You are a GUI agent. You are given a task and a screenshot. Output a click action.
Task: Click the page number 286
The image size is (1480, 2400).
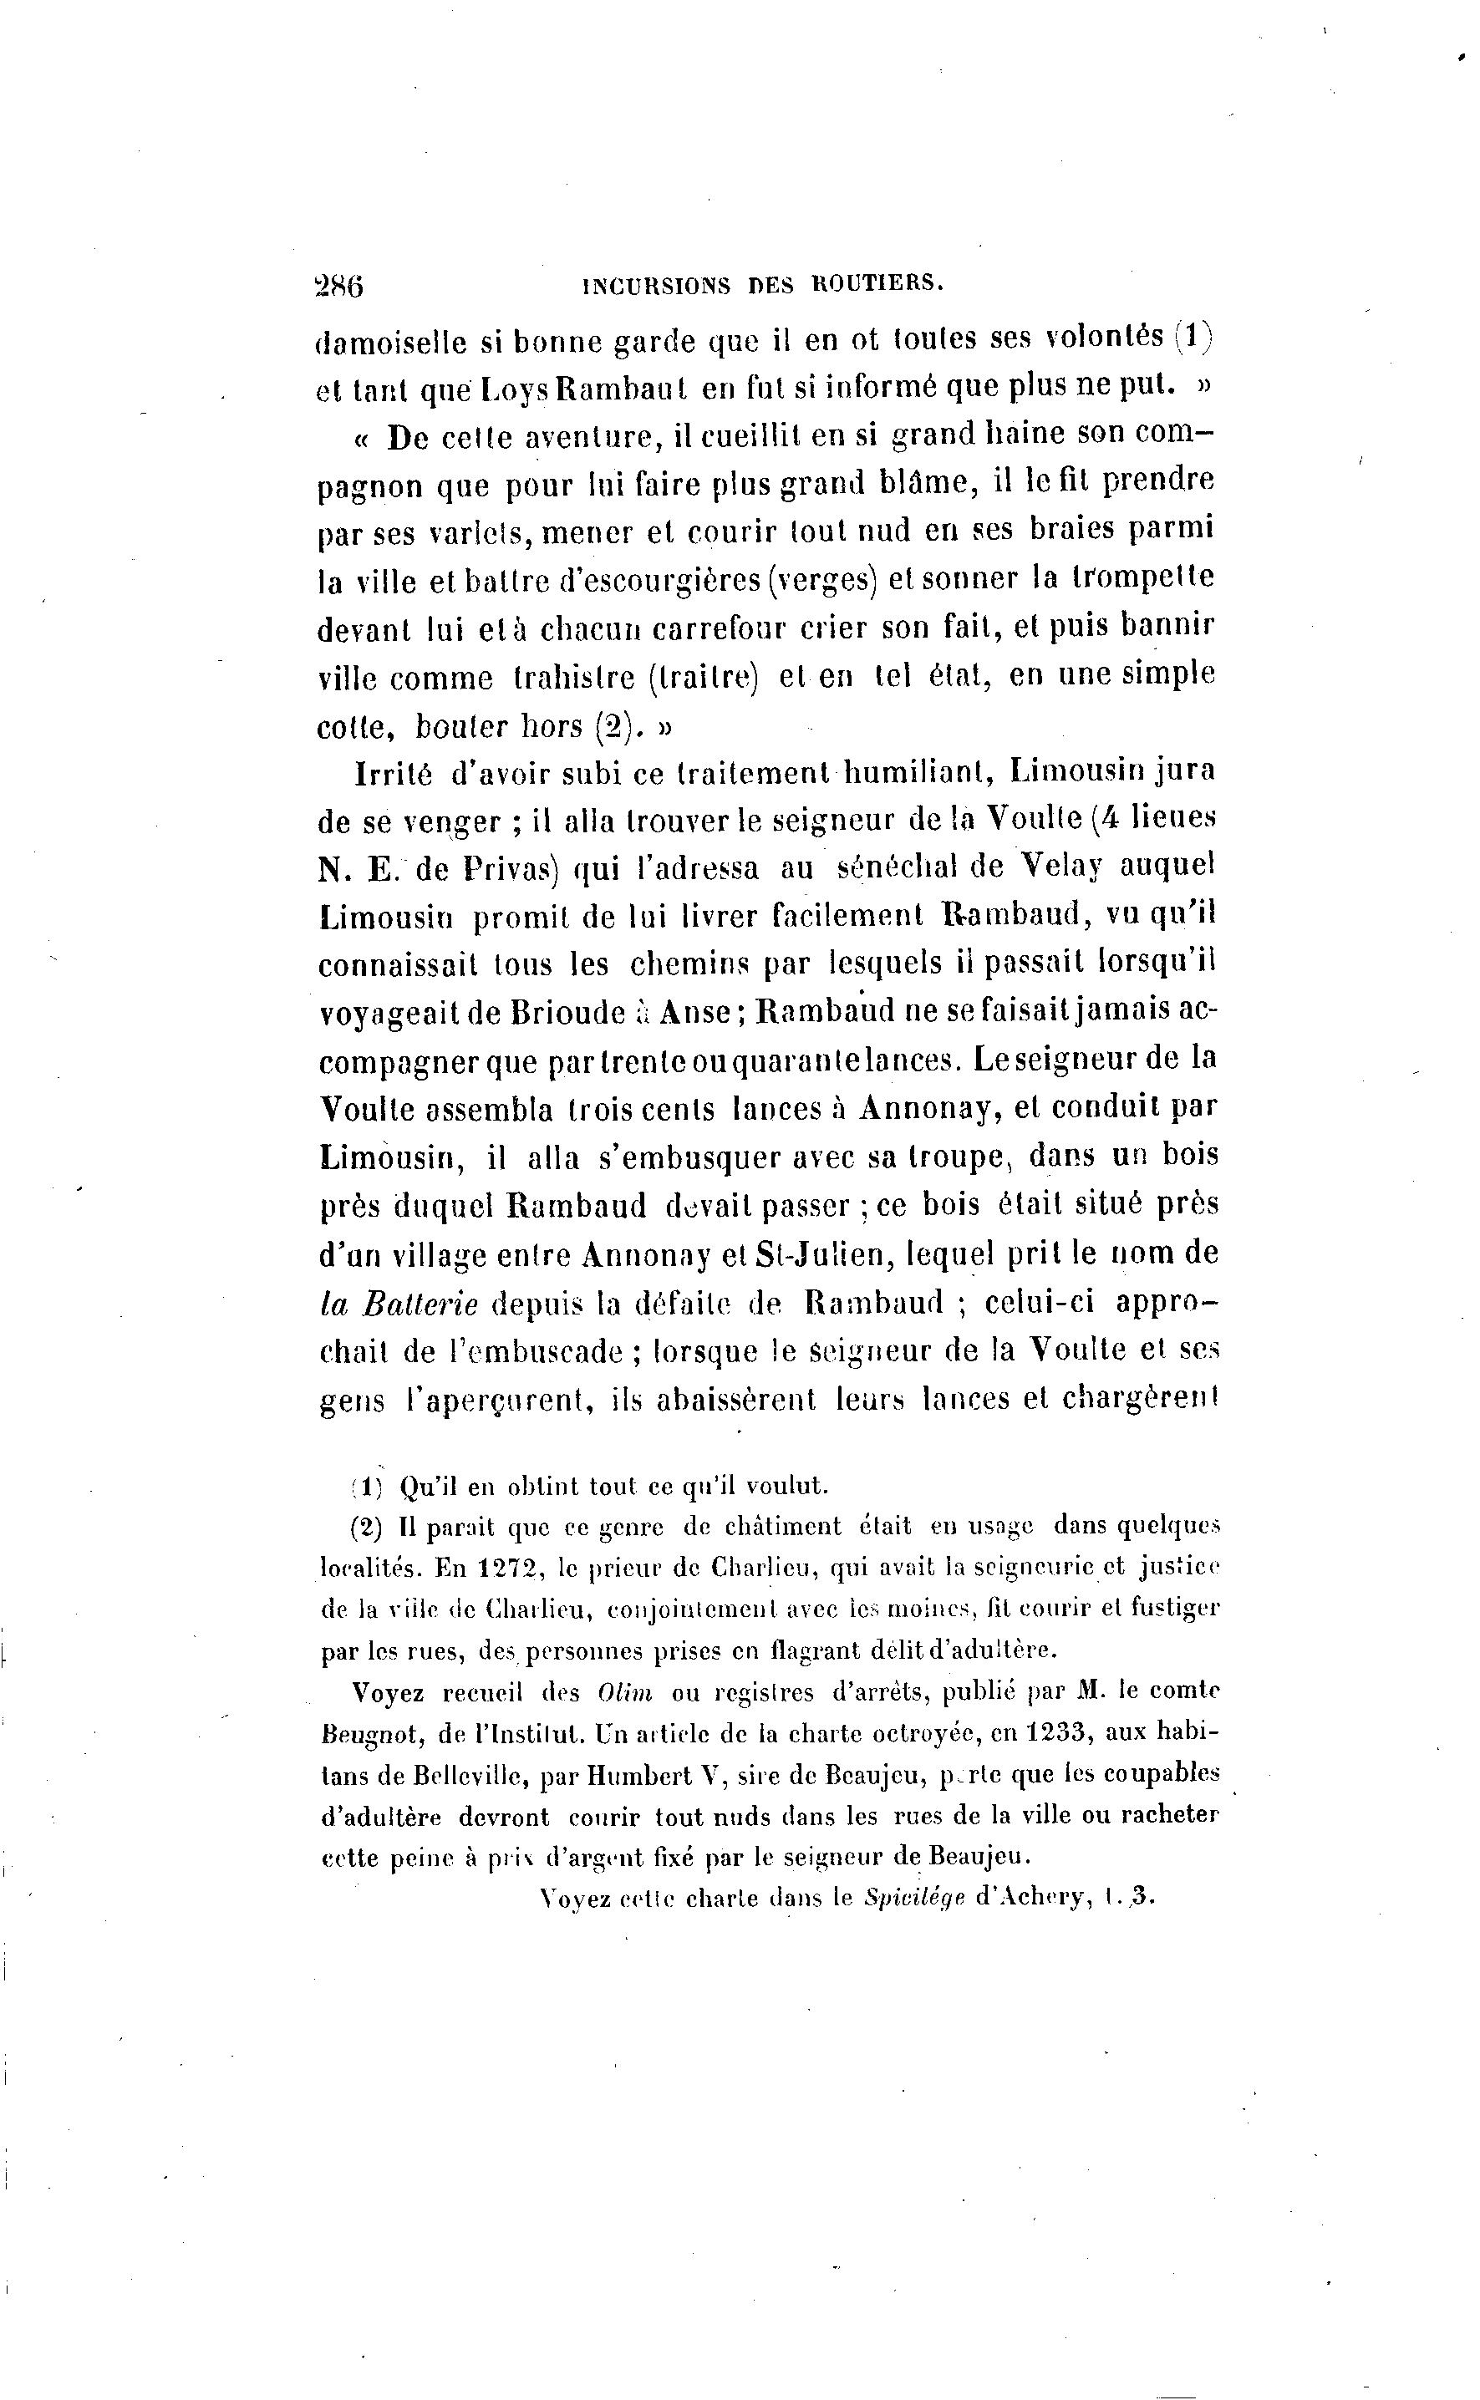pyautogui.click(x=338, y=286)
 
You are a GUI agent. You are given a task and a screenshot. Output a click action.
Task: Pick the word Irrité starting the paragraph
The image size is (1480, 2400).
pyautogui.click(x=392, y=772)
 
